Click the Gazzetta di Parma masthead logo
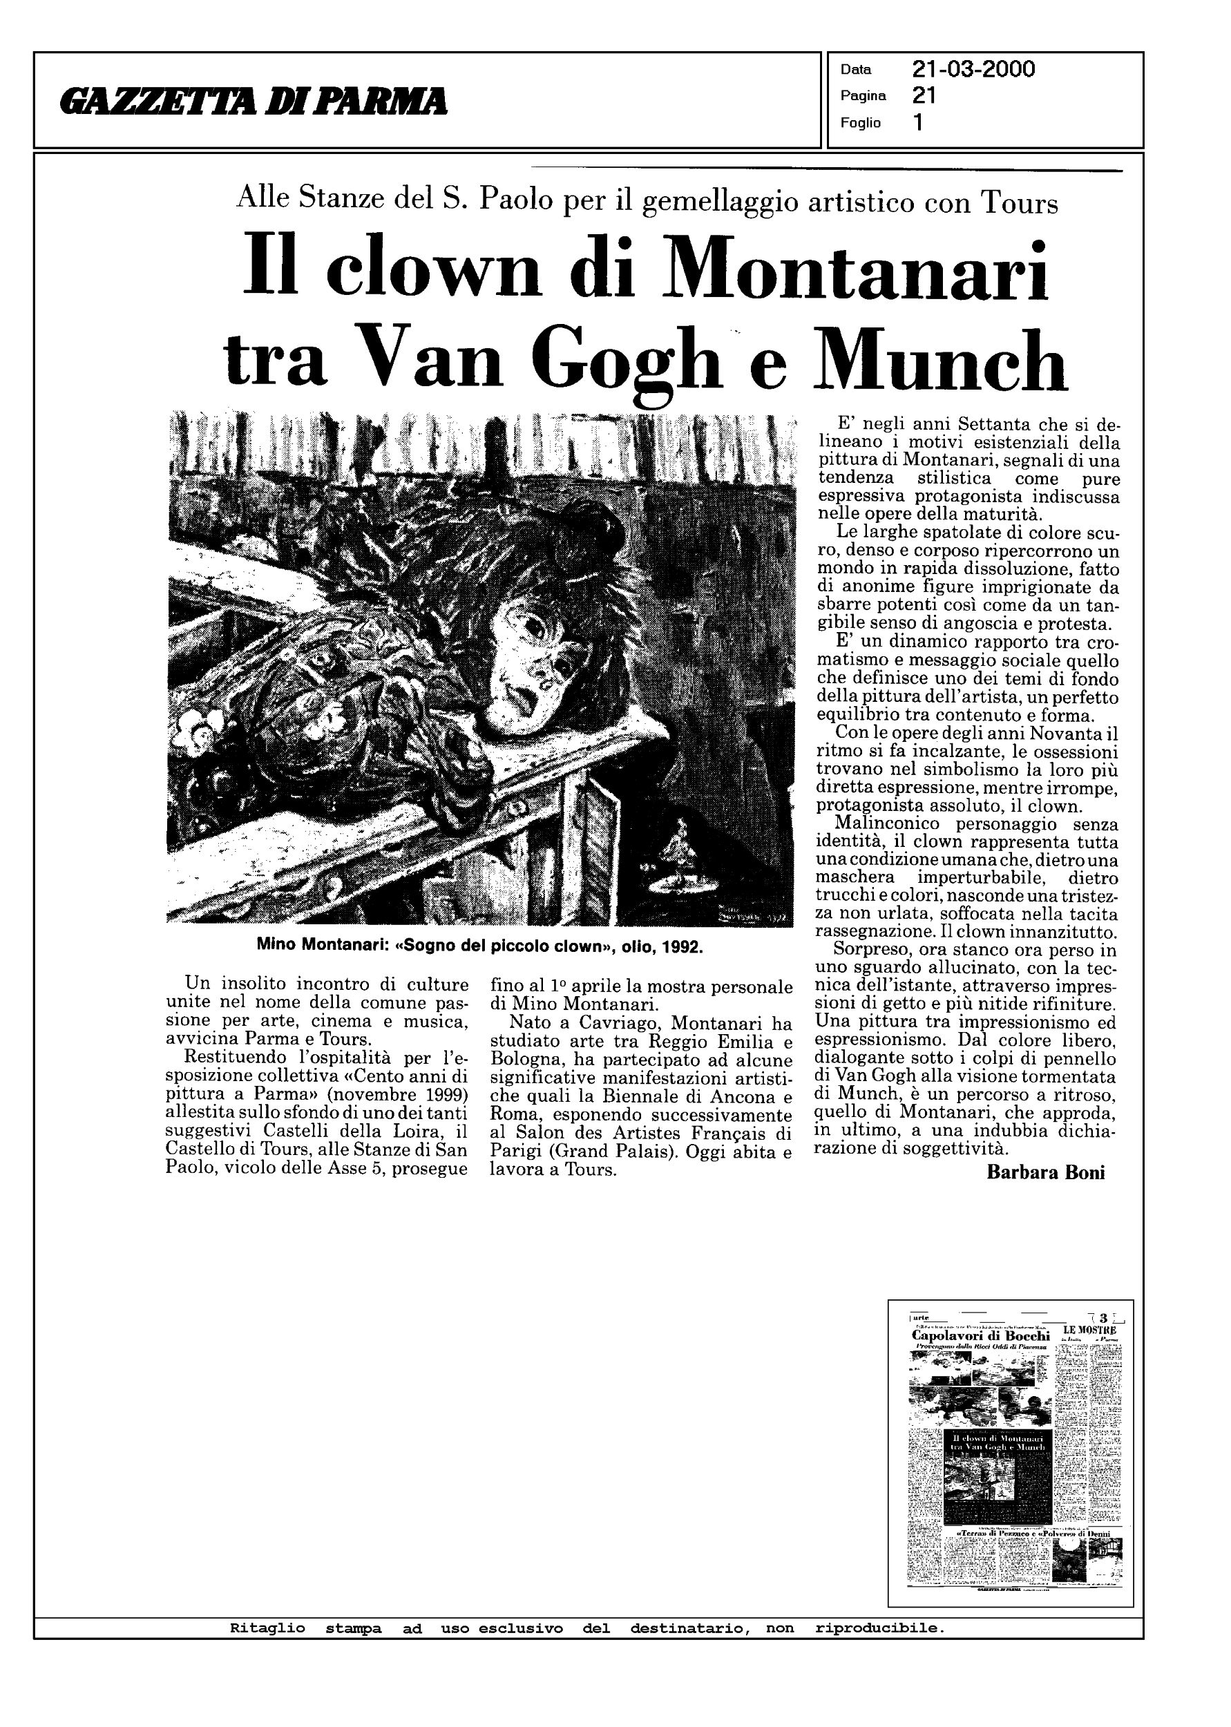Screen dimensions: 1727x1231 (x=255, y=101)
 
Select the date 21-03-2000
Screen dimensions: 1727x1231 (x=973, y=70)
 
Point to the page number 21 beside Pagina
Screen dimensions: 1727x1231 (x=924, y=95)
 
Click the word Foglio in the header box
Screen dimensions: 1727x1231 (x=860, y=123)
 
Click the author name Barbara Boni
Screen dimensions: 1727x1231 (x=1045, y=1172)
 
